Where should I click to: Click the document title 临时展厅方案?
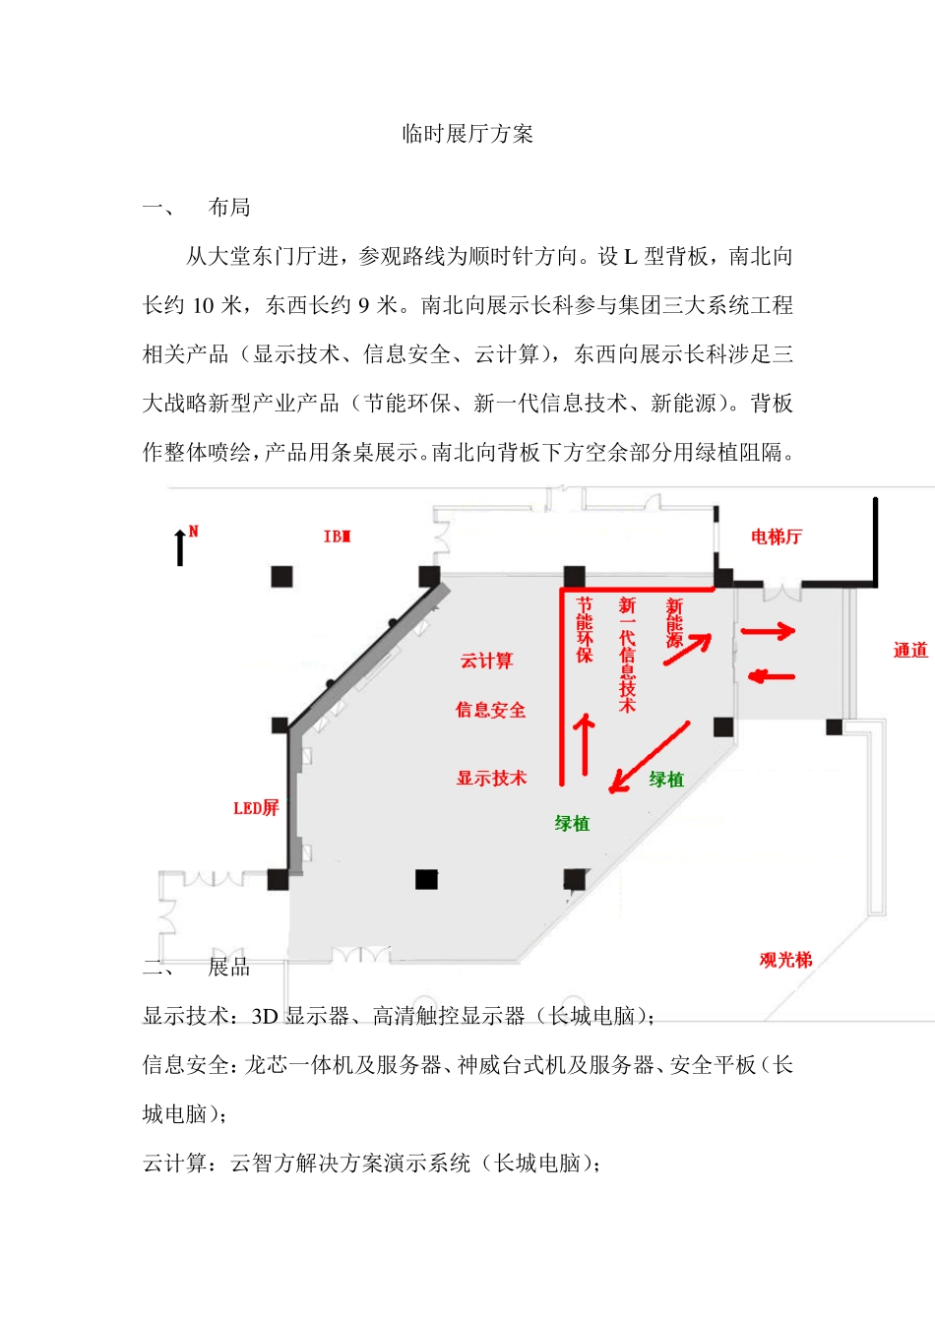tap(467, 134)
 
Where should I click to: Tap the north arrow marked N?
tap(181, 546)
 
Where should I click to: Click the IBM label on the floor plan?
tap(337, 536)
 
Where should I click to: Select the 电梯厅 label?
tap(776, 536)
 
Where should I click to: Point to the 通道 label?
tap(909, 650)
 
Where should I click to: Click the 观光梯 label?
tap(785, 960)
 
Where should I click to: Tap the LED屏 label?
tap(256, 808)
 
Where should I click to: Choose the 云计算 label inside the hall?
tap(486, 661)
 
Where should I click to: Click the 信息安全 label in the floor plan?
tap(490, 710)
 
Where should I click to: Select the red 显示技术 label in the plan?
tap(491, 778)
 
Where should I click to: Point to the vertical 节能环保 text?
tap(585, 630)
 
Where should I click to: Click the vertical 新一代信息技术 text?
tap(627, 654)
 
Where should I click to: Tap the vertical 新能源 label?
tap(674, 622)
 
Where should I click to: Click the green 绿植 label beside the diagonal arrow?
tap(666, 779)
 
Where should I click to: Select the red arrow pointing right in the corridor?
tap(768, 631)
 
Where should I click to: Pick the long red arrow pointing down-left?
tap(650, 756)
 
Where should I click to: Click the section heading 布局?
tap(229, 207)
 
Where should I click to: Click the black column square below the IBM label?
tap(281, 576)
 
